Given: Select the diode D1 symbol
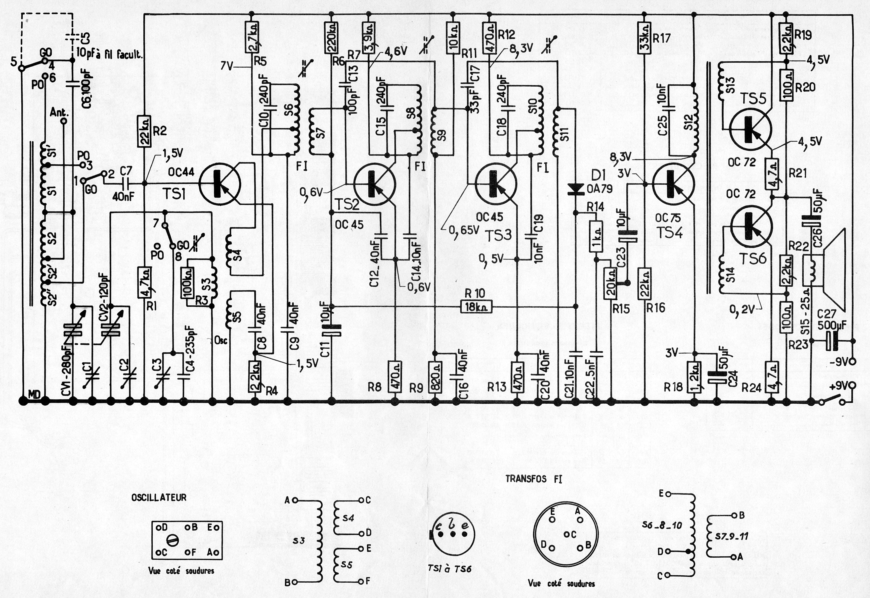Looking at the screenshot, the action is [x=575, y=189].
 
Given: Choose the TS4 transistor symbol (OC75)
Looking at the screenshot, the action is [x=673, y=184].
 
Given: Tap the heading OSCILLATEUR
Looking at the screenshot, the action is [x=159, y=498].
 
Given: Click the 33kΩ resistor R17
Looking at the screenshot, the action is [x=644, y=38].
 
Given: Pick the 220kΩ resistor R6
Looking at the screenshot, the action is [x=331, y=38].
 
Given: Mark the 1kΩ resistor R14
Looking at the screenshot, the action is [x=596, y=237].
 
